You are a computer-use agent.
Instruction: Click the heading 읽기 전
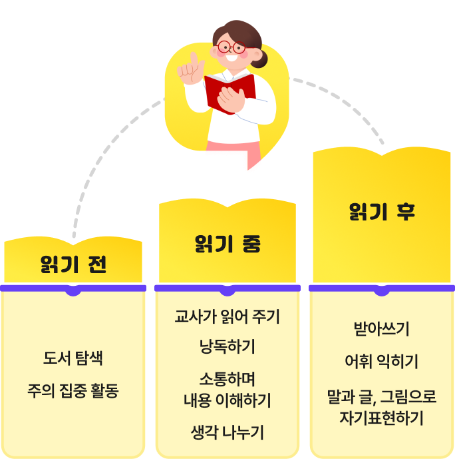coord(73,264)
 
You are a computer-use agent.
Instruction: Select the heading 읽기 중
coord(227,244)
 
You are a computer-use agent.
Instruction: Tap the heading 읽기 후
coord(382,212)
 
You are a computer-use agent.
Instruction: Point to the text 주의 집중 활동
coord(73,390)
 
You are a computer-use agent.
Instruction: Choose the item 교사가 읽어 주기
coord(227,316)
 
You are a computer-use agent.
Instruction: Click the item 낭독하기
coord(227,347)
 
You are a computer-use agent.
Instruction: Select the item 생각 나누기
coord(227,432)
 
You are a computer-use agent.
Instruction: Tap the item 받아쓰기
coord(381,329)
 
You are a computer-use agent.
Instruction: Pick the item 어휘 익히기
coord(381,362)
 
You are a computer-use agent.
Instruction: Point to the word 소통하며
coord(227,379)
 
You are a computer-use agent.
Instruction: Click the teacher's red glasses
coord(231,47)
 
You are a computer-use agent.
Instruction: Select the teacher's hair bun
coord(260,59)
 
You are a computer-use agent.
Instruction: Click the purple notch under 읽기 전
coord(73,290)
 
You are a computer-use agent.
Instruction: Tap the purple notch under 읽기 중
coord(227,290)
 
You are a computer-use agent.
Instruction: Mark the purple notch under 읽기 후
coord(381,290)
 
